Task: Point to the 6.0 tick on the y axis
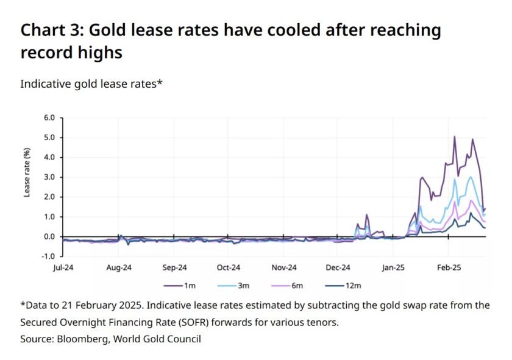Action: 49,118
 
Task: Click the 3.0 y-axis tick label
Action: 49,177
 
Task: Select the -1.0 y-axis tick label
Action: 48,256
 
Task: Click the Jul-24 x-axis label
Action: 63,267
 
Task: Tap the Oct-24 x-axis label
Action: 228,267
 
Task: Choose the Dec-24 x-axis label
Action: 338,267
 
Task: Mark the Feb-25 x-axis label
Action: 448,267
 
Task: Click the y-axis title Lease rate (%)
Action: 27,172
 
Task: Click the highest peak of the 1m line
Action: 455,137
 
